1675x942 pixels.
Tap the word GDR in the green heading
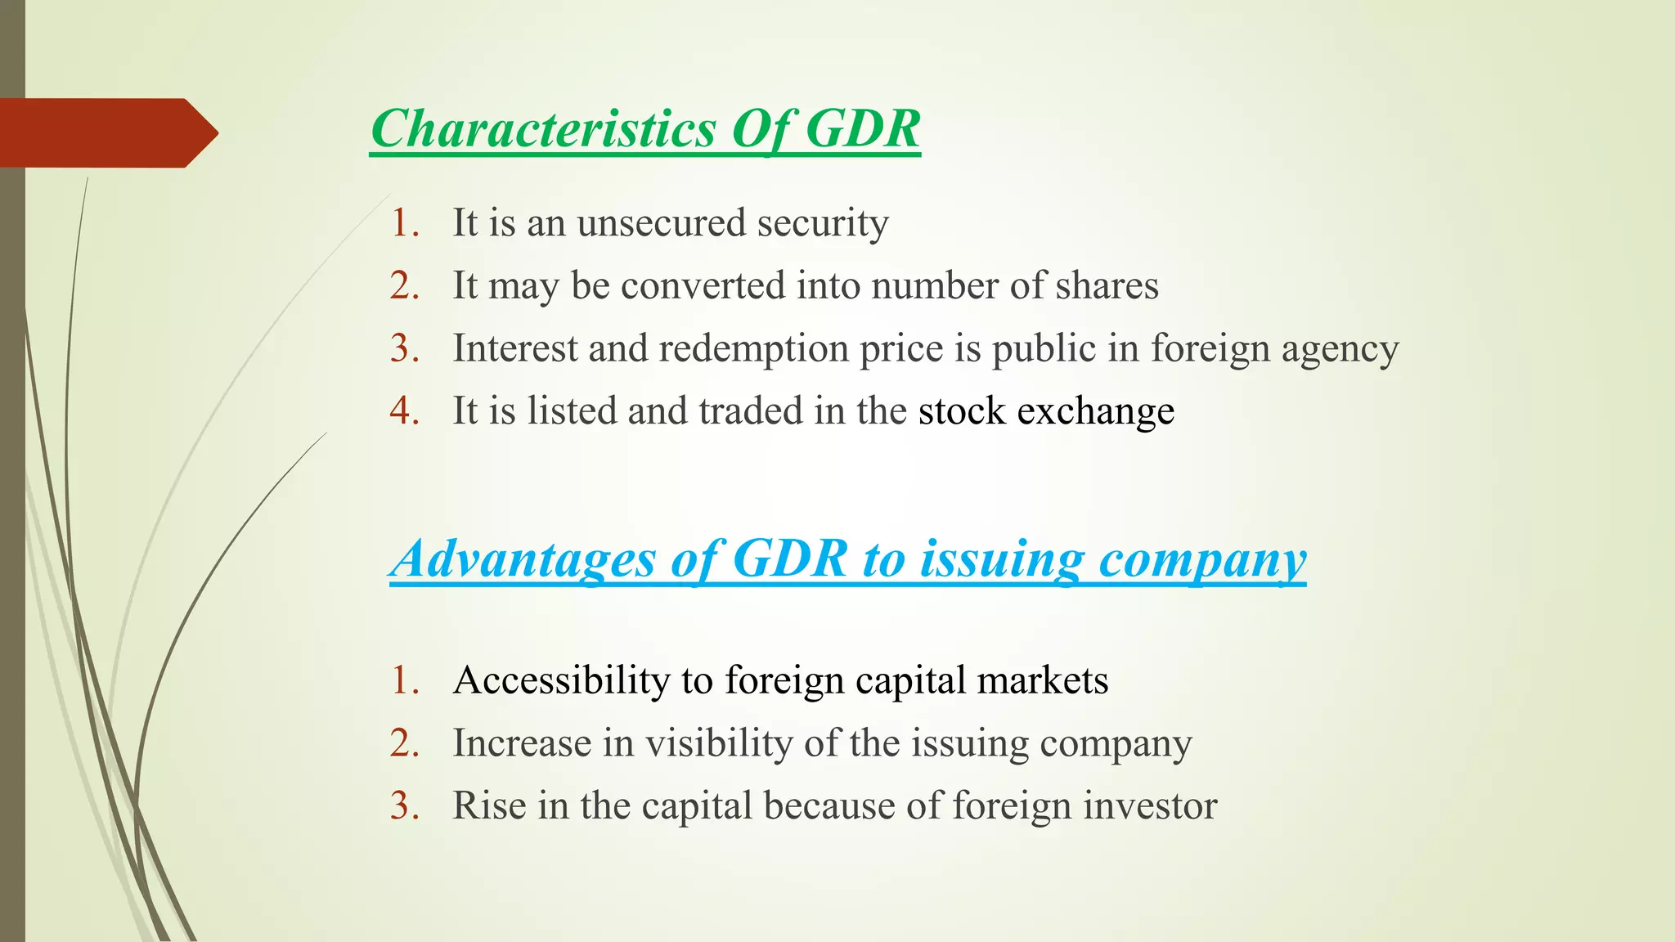click(863, 129)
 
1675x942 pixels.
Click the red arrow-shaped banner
click(106, 133)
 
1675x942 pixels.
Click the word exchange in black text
click(1095, 411)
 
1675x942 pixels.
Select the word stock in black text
click(961, 411)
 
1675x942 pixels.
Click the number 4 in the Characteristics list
click(403, 411)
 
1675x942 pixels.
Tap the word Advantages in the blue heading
click(523, 560)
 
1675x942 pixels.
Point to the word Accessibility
click(561, 681)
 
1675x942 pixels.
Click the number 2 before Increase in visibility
click(403, 744)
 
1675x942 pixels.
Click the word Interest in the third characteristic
click(514, 349)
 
